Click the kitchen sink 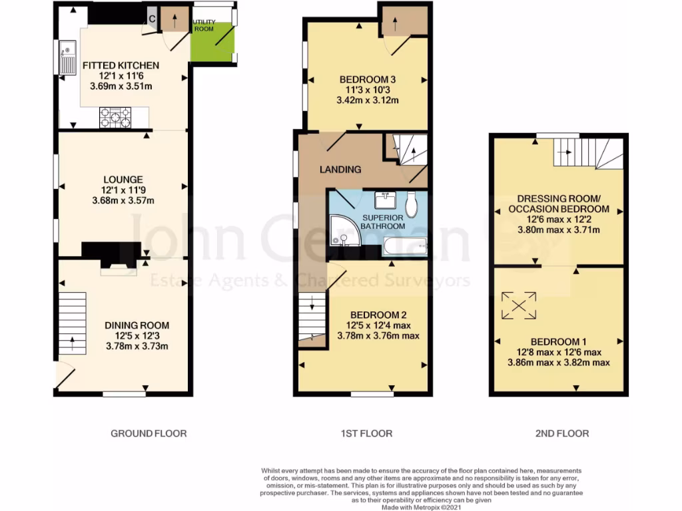point(68,57)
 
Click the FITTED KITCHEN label point(121,65)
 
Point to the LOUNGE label point(123,179)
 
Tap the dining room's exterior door point(65,376)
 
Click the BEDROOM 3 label point(364,80)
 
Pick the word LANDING point(340,170)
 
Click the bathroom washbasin point(383,200)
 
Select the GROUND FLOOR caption point(148,433)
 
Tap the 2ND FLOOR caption point(561,433)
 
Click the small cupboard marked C point(152,19)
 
